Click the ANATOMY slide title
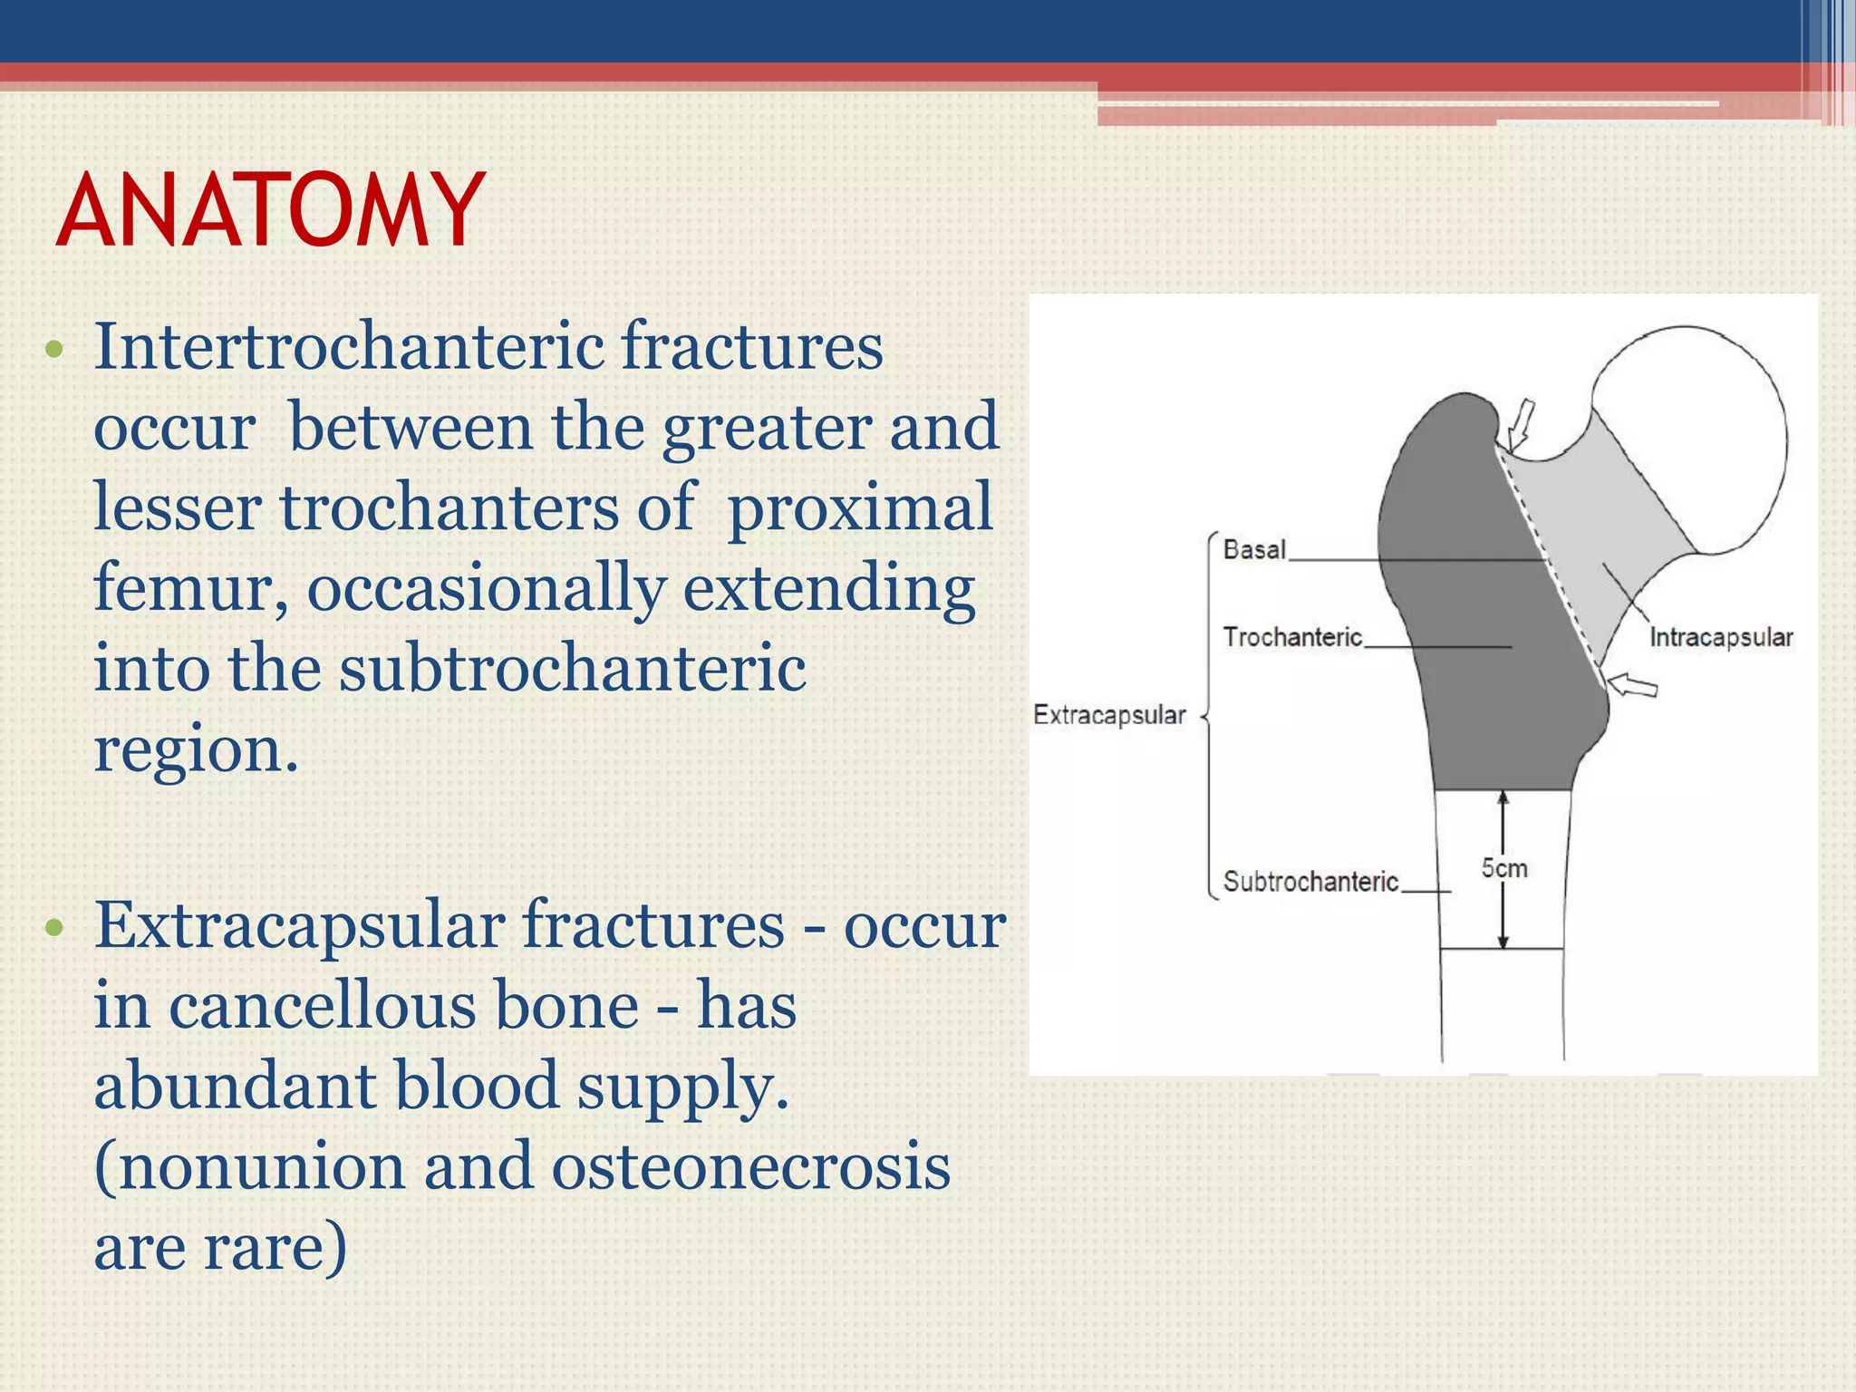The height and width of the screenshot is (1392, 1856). point(270,211)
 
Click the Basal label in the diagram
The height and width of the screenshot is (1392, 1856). point(1254,549)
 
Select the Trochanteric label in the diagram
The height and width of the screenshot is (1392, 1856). point(1292,637)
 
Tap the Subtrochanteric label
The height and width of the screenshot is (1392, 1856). point(1310,881)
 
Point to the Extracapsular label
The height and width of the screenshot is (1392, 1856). point(1109,715)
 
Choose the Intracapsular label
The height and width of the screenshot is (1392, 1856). point(1720,637)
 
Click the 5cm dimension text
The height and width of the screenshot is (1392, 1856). point(1504,868)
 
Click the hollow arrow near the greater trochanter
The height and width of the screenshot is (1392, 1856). point(1522,423)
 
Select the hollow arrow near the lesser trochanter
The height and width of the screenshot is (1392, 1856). point(1632,684)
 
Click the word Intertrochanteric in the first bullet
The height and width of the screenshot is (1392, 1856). point(349,346)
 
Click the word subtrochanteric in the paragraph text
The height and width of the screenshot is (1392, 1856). point(572,668)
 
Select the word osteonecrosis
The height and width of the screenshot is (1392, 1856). point(750,1166)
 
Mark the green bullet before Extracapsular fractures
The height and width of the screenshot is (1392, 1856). point(54,927)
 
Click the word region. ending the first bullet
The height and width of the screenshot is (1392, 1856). point(196,750)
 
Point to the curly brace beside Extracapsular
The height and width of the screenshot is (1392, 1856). point(1209,716)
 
